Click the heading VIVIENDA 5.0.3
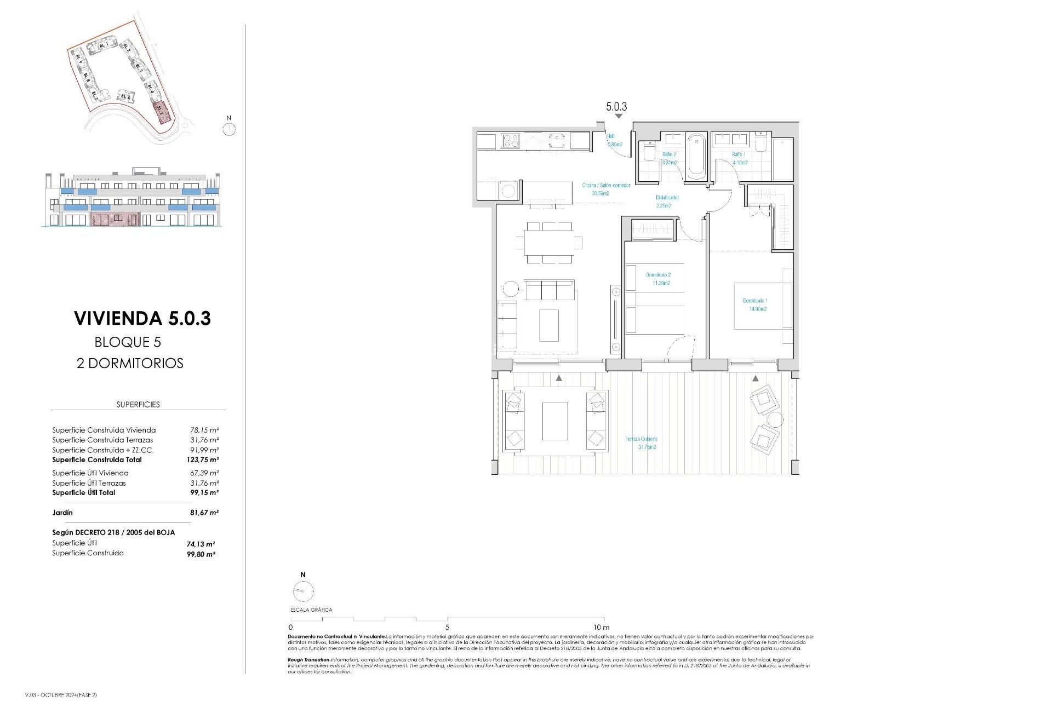142,318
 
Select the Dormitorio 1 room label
754,301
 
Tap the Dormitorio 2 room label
658,275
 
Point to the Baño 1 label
738,154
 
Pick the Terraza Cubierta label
641,439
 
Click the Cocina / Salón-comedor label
606,185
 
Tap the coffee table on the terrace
555,421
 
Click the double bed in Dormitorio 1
762,306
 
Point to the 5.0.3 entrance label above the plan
616,107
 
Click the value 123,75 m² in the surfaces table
202,460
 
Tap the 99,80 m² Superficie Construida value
201,554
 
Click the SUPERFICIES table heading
138,405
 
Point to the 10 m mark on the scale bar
602,627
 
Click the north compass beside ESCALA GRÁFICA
303,591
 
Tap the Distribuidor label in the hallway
667,198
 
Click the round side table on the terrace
775,421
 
